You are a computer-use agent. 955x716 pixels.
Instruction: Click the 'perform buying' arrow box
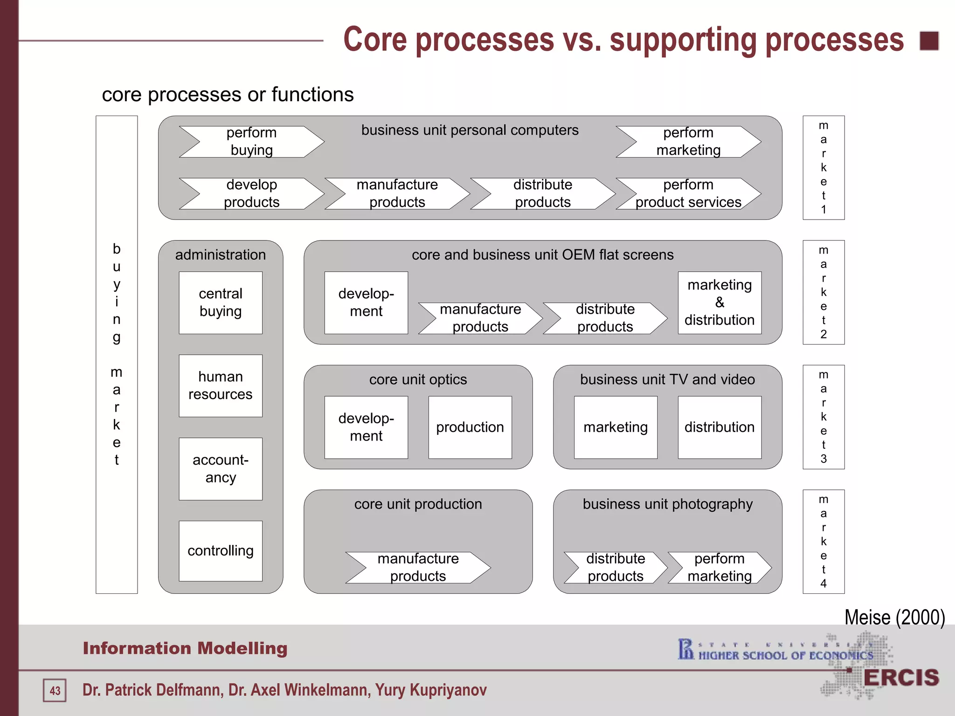point(251,142)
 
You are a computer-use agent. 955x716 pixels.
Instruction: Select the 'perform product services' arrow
point(688,193)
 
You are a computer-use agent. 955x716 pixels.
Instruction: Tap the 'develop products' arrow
point(251,193)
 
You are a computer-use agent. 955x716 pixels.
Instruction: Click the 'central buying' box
point(221,303)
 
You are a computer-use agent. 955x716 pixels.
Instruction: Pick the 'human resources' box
point(221,386)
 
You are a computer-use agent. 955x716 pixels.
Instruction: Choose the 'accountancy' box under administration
point(221,468)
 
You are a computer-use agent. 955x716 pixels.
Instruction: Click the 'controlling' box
point(221,551)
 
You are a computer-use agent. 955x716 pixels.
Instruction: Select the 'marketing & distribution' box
point(720,303)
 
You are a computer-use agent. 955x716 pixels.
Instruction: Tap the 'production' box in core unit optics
point(470,427)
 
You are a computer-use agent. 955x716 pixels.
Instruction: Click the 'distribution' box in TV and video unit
point(720,427)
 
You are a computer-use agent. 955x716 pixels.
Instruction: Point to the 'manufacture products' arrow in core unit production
point(418,567)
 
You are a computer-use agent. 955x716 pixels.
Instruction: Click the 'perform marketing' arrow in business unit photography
point(720,567)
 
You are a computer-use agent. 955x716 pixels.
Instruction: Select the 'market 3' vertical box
point(824,417)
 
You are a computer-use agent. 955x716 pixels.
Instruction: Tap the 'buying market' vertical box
point(117,354)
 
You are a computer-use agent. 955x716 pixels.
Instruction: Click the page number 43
point(55,690)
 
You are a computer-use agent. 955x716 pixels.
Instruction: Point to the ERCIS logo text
point(901,678)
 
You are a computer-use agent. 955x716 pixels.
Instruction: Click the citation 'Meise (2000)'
point(894,617)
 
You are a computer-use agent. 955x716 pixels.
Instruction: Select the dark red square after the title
point(929,41)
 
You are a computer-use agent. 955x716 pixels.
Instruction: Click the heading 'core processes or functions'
point(228,95)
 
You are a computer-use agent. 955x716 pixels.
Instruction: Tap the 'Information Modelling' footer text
point(185,648)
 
